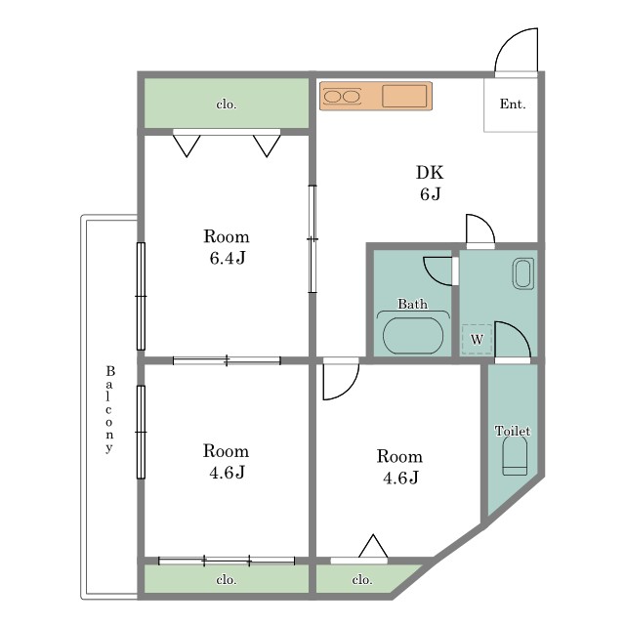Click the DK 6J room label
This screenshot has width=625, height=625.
point(430,183)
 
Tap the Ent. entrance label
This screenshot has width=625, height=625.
point(513,104)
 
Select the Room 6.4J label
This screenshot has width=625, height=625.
point(227,247)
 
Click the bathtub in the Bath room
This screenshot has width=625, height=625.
point(413,335)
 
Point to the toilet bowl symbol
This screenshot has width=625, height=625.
point(515,456)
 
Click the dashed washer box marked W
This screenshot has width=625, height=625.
point(477,340)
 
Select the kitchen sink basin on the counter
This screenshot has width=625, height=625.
point(404,96)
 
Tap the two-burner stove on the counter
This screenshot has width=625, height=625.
point(342,96)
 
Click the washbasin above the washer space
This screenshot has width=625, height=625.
point(523,273)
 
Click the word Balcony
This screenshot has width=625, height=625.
point(109,409)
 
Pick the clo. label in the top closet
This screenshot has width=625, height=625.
point(227,104)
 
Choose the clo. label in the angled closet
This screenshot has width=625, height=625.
point(362,579)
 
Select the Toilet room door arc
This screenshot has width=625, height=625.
point(520,332)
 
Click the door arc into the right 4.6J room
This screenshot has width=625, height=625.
point(349,390)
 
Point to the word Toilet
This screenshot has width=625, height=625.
point(513,431)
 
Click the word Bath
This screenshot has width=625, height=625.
point(412,304)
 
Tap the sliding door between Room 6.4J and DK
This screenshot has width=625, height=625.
point(312,239)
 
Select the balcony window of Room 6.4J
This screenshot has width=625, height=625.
point(141,296)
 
